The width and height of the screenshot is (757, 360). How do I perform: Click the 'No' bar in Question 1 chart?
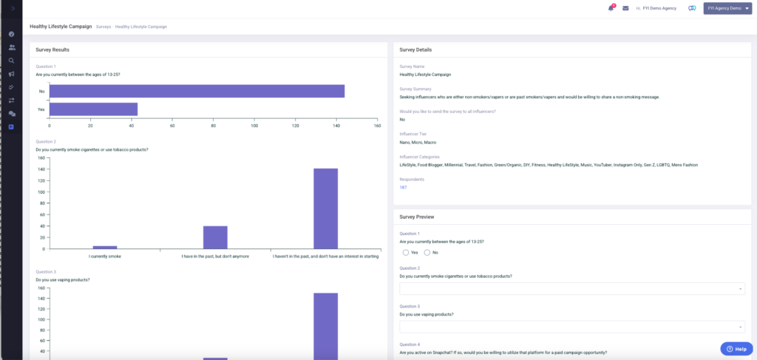click(x=197, y=91)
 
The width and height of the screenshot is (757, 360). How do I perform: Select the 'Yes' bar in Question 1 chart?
click(x=93, y=109)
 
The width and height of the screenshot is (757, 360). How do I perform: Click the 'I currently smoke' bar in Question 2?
click(x=105, y=247)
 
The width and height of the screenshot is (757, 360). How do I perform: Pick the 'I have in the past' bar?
click(x=215, y=237)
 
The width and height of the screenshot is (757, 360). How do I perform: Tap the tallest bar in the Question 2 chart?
click(x=325, y=208)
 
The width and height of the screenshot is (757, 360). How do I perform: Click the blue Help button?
click(x=736, y=348)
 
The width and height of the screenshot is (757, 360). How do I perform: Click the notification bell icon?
click(x=611, y=9)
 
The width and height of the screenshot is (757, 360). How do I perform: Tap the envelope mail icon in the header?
click(x=625, y=9)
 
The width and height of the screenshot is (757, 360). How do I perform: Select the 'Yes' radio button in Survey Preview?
click(x=406, y=253)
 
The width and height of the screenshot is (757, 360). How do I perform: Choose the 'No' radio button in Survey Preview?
click(x=427, y=253)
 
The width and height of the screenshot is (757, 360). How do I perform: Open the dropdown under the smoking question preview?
click(x=571, y=288)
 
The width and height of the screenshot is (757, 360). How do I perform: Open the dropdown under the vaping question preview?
click(x=571, y=327)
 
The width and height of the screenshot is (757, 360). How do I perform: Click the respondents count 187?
click(x=403, y=188)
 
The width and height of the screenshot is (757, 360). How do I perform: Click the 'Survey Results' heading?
click(x=52, y=50)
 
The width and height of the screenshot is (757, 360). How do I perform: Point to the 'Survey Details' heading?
click(x=415, y=50)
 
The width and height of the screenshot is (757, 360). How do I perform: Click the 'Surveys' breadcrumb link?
click(x=103, y=27)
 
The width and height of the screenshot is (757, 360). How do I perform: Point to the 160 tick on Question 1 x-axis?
click(x=377, y=126)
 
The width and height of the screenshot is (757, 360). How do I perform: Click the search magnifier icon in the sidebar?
click(x=12, y=61)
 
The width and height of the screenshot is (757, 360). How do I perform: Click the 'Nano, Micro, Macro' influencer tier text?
click(x=418, y=142)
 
